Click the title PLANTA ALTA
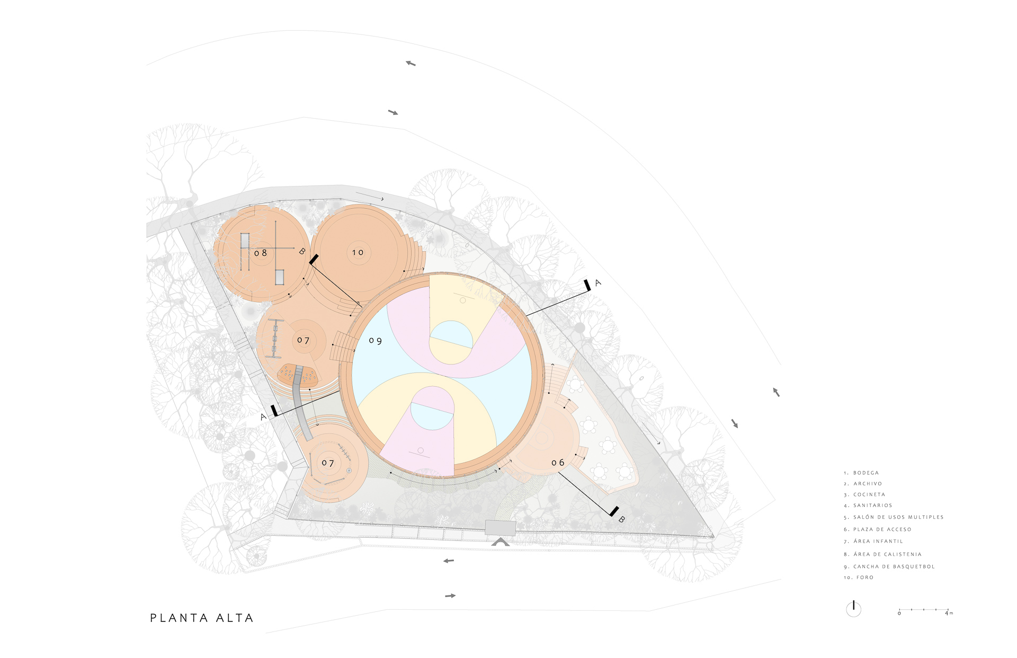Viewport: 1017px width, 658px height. (x=202, y=618)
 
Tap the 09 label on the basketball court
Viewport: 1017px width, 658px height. (x=376, y=341)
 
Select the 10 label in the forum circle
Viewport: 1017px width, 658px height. (x=358, y=252)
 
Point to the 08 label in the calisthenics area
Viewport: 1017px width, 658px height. (x=261, y=253)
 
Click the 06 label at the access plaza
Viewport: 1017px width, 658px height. (x=558, y=463)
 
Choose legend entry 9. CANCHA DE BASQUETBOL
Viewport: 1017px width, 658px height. (x=889, y=566)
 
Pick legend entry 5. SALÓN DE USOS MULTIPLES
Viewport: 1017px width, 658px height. (x=894, y=517)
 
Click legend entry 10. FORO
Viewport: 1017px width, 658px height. (x=859, y=577)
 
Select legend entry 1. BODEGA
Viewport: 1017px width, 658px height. (x=861, y=473)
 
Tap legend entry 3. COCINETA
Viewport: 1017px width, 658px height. (x=864, y=494)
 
